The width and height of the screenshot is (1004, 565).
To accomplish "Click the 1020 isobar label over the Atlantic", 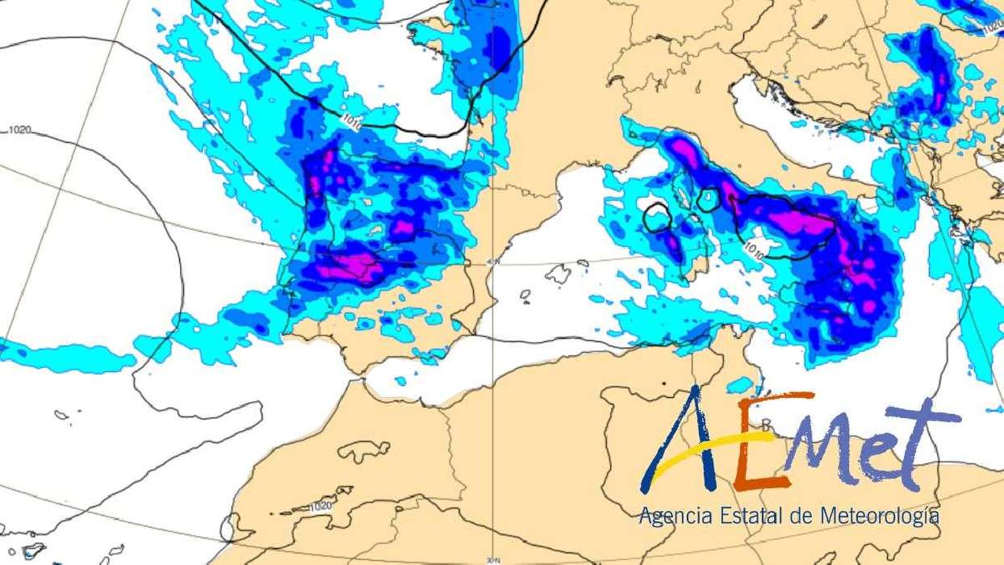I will (x=20, y=129).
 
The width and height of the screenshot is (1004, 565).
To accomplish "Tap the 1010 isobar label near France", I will (x=351, y=123).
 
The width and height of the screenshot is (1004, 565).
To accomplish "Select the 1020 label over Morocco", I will (x=320, y=506).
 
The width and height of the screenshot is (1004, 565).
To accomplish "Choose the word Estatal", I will (x=736, y=514).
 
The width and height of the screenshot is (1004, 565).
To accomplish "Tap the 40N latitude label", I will (x=494, y=261).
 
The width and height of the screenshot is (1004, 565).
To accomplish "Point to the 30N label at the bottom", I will (x=493, y=559).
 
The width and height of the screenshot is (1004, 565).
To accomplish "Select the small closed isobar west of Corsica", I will (x=658, y=218).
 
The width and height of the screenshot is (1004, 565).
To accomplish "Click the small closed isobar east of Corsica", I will (x=709, y=199).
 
